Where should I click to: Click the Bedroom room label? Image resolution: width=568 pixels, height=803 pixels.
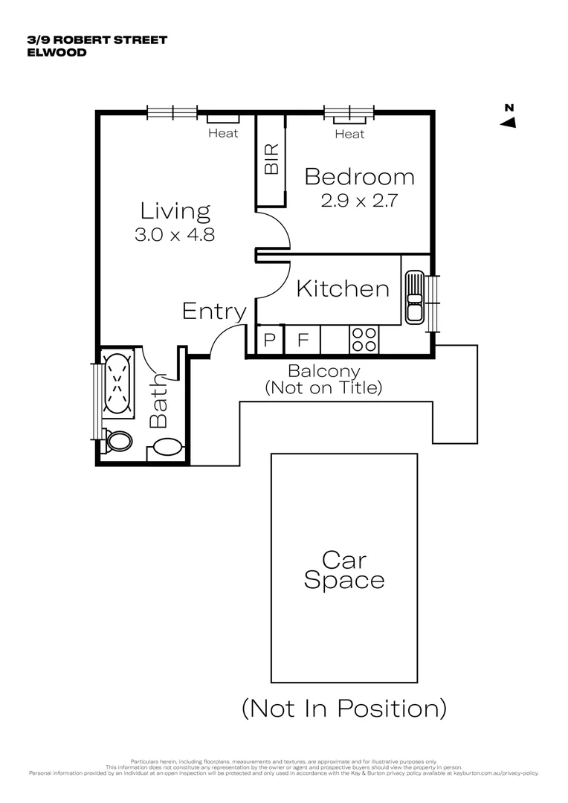359,177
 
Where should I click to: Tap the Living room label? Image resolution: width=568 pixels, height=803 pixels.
175,211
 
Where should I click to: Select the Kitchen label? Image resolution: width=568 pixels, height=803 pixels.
342,288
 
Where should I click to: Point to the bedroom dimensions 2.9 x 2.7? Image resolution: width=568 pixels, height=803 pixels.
359,201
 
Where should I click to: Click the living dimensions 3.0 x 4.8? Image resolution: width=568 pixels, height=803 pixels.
175,235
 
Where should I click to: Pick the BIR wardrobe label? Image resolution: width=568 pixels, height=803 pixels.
271,159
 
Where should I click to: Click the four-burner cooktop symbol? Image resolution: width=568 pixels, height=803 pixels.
364,341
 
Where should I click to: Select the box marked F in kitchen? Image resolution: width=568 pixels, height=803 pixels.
303,341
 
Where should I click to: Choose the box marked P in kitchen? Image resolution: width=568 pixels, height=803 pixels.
269,341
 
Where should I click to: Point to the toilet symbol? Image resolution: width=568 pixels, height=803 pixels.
117,442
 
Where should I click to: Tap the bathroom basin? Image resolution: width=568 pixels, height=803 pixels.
167,447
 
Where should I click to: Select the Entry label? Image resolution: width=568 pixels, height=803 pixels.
214,312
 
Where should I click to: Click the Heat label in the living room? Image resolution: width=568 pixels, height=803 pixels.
223,134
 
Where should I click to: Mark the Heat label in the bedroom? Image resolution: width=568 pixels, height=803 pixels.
349,135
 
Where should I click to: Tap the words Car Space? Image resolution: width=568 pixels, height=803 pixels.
343,570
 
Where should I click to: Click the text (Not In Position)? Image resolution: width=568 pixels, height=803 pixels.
343,708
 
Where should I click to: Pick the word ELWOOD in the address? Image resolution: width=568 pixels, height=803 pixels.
57,53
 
